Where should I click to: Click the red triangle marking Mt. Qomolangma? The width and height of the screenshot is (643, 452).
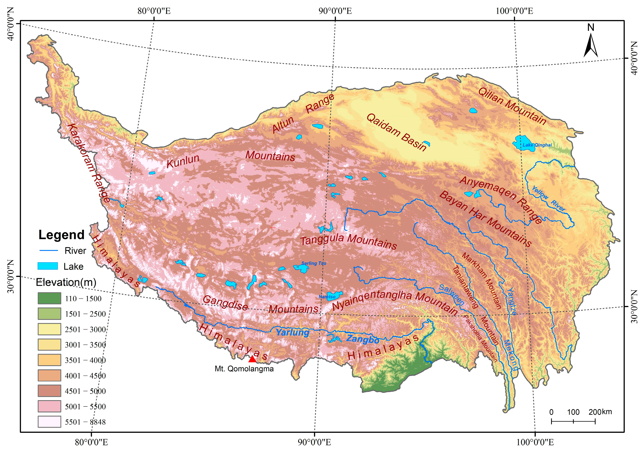pos(252,359)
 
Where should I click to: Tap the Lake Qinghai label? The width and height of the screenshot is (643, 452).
pos(537,145)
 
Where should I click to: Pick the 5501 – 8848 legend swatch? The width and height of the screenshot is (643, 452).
pos(49,422)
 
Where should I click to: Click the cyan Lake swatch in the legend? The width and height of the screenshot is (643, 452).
pos(48,266)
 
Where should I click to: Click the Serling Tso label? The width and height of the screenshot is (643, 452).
pos(314,263)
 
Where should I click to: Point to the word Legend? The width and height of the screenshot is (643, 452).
pos(61,235)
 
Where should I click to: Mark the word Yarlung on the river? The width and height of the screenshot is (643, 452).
pos(292,333)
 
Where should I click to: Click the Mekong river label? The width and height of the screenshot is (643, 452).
pos(511,355)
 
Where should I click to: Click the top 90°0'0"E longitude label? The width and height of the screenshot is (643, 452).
pos(335,11)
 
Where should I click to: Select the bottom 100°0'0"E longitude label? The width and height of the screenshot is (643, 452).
pos(535,442)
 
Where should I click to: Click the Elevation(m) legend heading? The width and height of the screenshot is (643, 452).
pos(66,282)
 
